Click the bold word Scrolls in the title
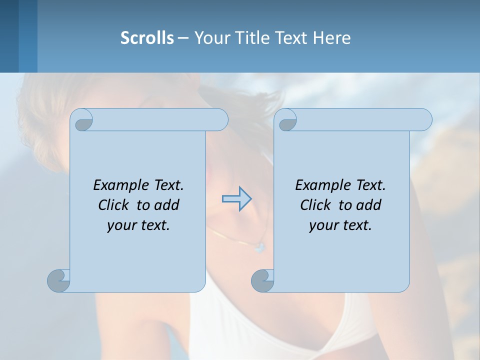point(147,38)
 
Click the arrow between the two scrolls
point(236,198)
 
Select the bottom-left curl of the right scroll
point(262,280)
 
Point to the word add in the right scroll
point(369,205)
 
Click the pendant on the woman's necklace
point(258,247)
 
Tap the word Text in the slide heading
point(290,38)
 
